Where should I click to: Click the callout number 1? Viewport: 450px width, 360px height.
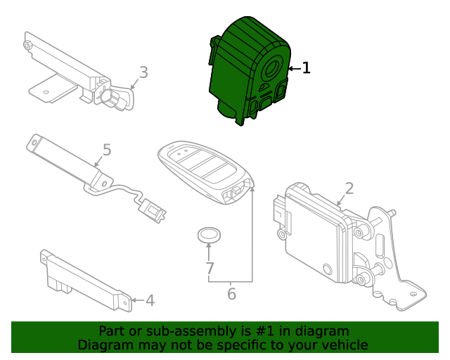pyautogui.click(x=306, y=68)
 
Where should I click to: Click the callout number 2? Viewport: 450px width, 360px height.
pyautogui.click(x=349, y=188)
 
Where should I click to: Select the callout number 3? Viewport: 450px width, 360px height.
pyautogui.click(x=143, y=72)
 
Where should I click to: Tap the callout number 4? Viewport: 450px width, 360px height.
pyautogui.click(x=149, y=301)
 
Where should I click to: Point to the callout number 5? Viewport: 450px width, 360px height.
pyautogui.click(x=107, y=150)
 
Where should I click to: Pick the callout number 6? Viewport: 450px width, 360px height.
pyautogui.click(x=231, y=294)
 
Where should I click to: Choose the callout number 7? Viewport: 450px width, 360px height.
pyautogui.click(x=209, y=268)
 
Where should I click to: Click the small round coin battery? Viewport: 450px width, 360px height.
pyautogui.click(x=208, y=235)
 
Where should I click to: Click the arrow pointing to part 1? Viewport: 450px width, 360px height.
pyautogui.click(x=293, y=68)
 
